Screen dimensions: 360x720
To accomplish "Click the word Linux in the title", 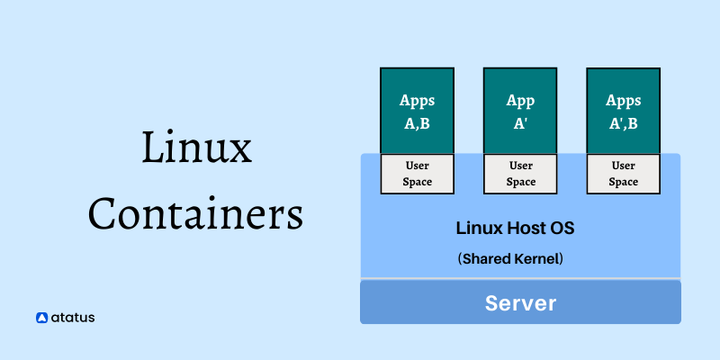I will click(x=196, y=147).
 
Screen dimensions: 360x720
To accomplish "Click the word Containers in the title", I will click(x=196, y=215).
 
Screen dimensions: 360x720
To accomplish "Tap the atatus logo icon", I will click(x=41, y=317).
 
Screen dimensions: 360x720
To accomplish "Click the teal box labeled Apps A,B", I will click(x=417, y=110).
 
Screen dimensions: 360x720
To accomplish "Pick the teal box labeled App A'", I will click(x=520, y=110).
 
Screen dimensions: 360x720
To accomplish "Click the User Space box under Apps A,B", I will click(x=417, y=174).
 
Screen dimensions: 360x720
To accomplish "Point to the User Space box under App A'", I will click(x=520, y=174).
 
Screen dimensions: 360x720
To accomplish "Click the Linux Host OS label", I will click(x=515, y=229).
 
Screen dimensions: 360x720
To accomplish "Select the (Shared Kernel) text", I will click(x=511, y=258).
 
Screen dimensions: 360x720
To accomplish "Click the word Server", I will click(x=520, y=302).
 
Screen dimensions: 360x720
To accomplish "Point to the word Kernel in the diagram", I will click(x=535, y=258).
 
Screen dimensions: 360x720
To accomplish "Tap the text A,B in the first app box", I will click(x=417, y=123).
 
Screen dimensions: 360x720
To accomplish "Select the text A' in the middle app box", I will click(x=520, y=123).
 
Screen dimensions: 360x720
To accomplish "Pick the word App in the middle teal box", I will click(x=520, y=100).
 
